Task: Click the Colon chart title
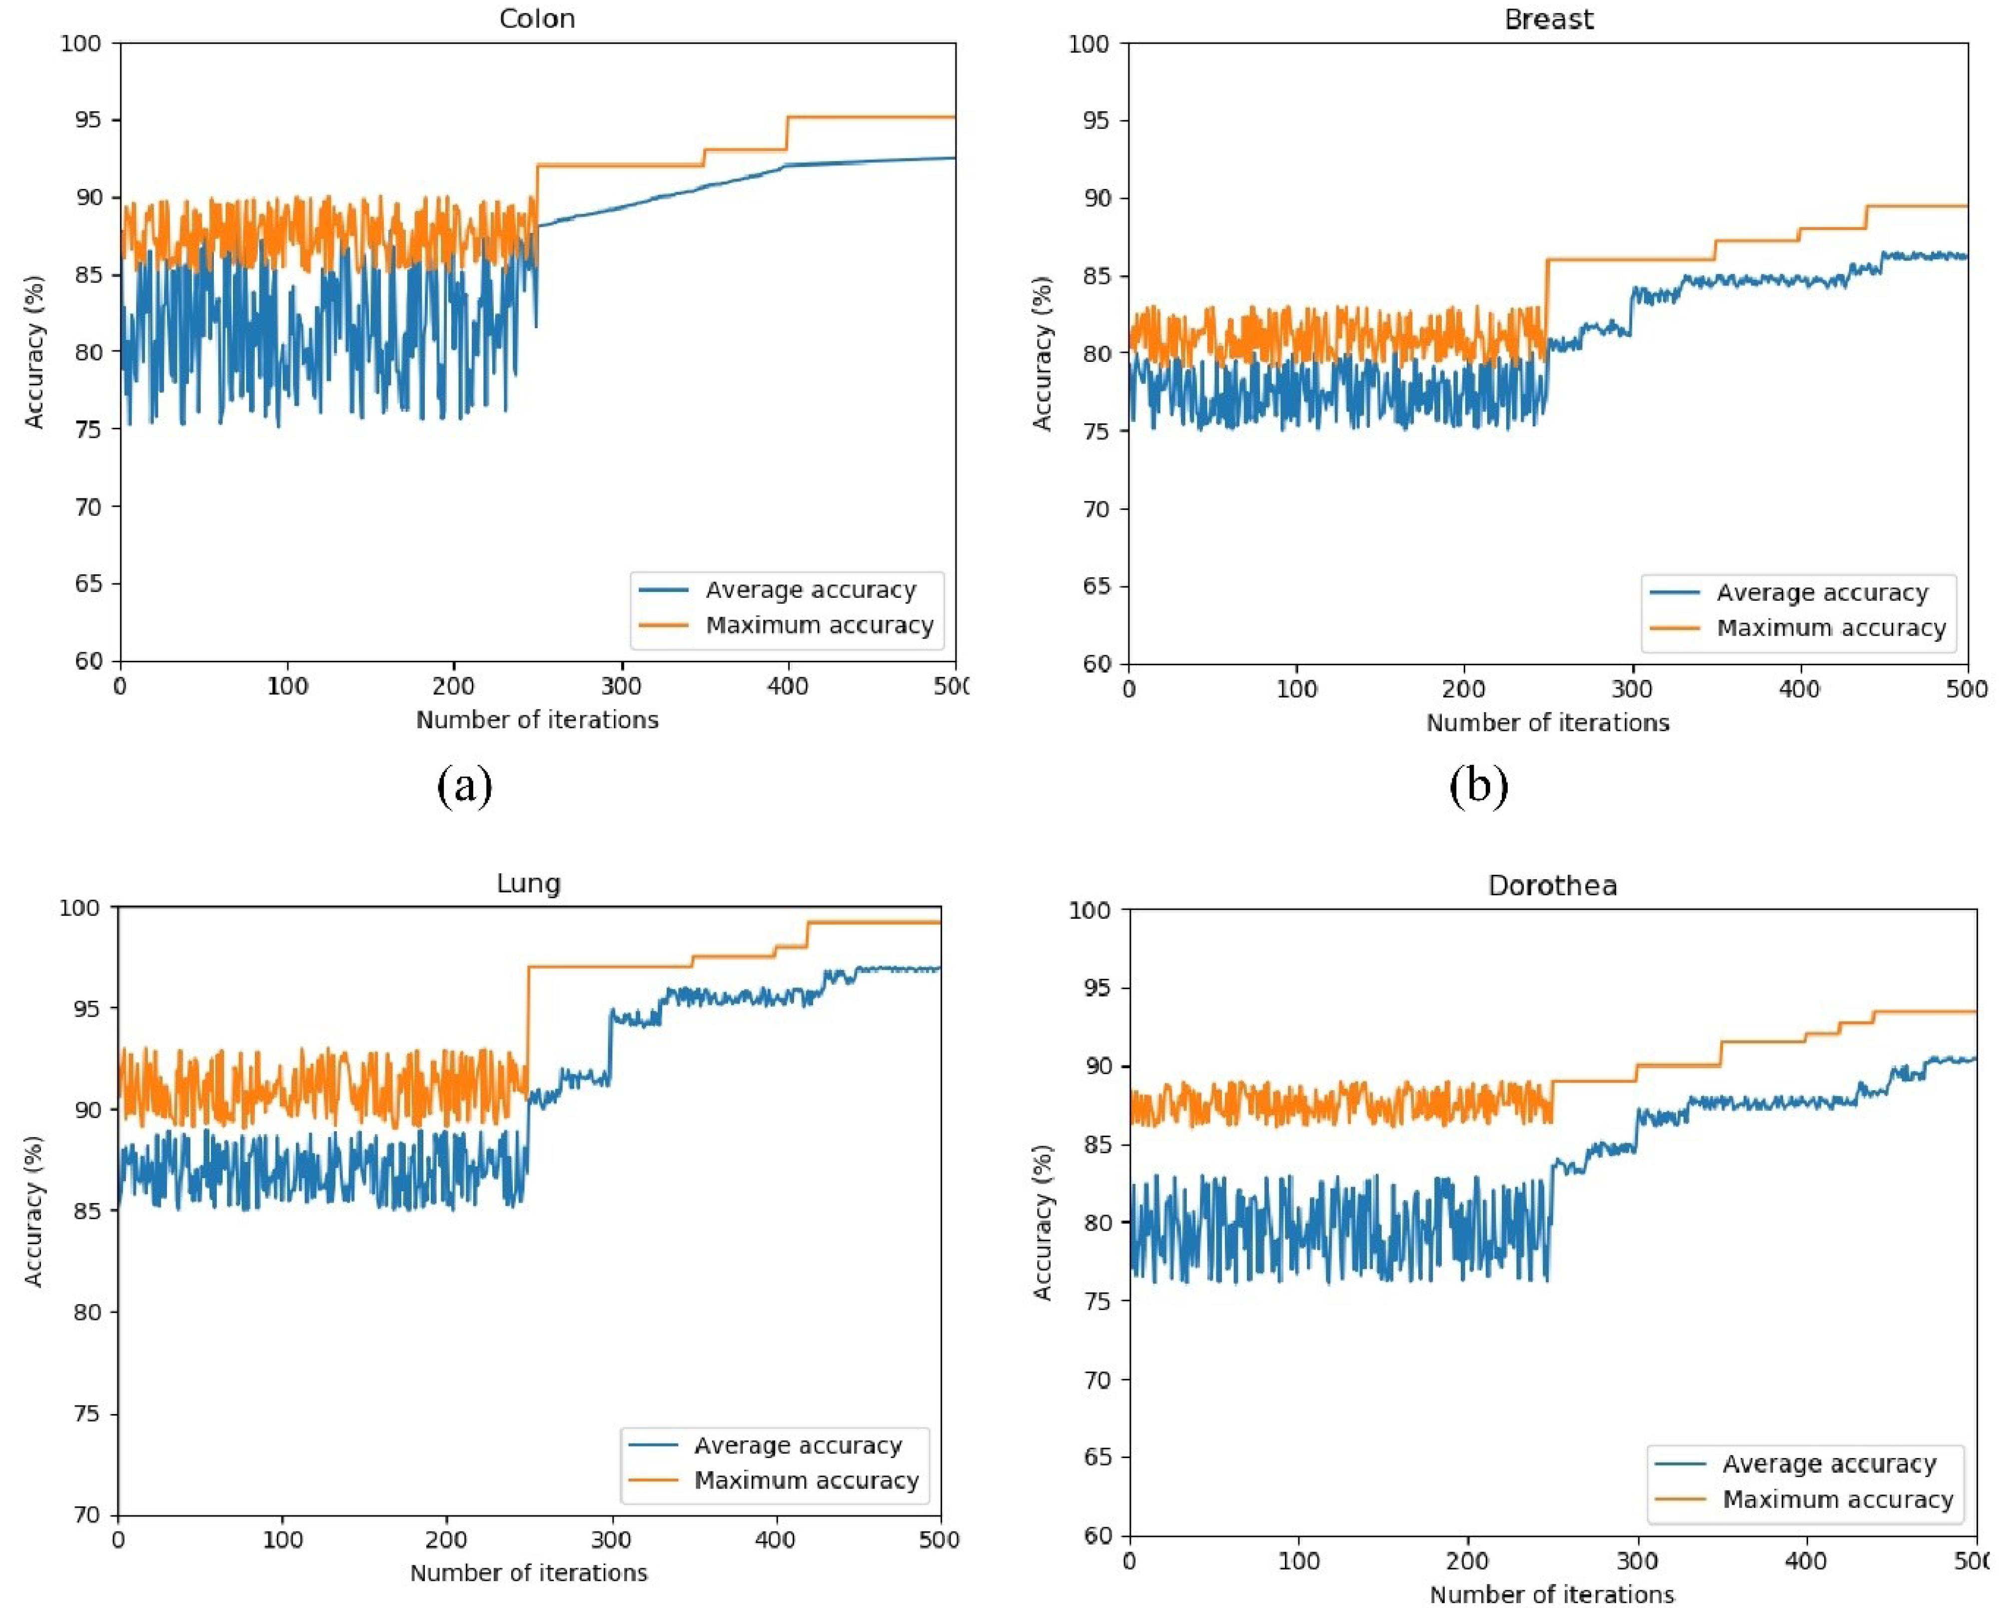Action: (x=537, y=18)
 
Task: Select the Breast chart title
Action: (x=1548, y=18)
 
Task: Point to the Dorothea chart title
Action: (x=1552, y=885)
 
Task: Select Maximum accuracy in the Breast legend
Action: (x=1831, y=628)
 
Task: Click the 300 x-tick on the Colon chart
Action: (x=621, y=686)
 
